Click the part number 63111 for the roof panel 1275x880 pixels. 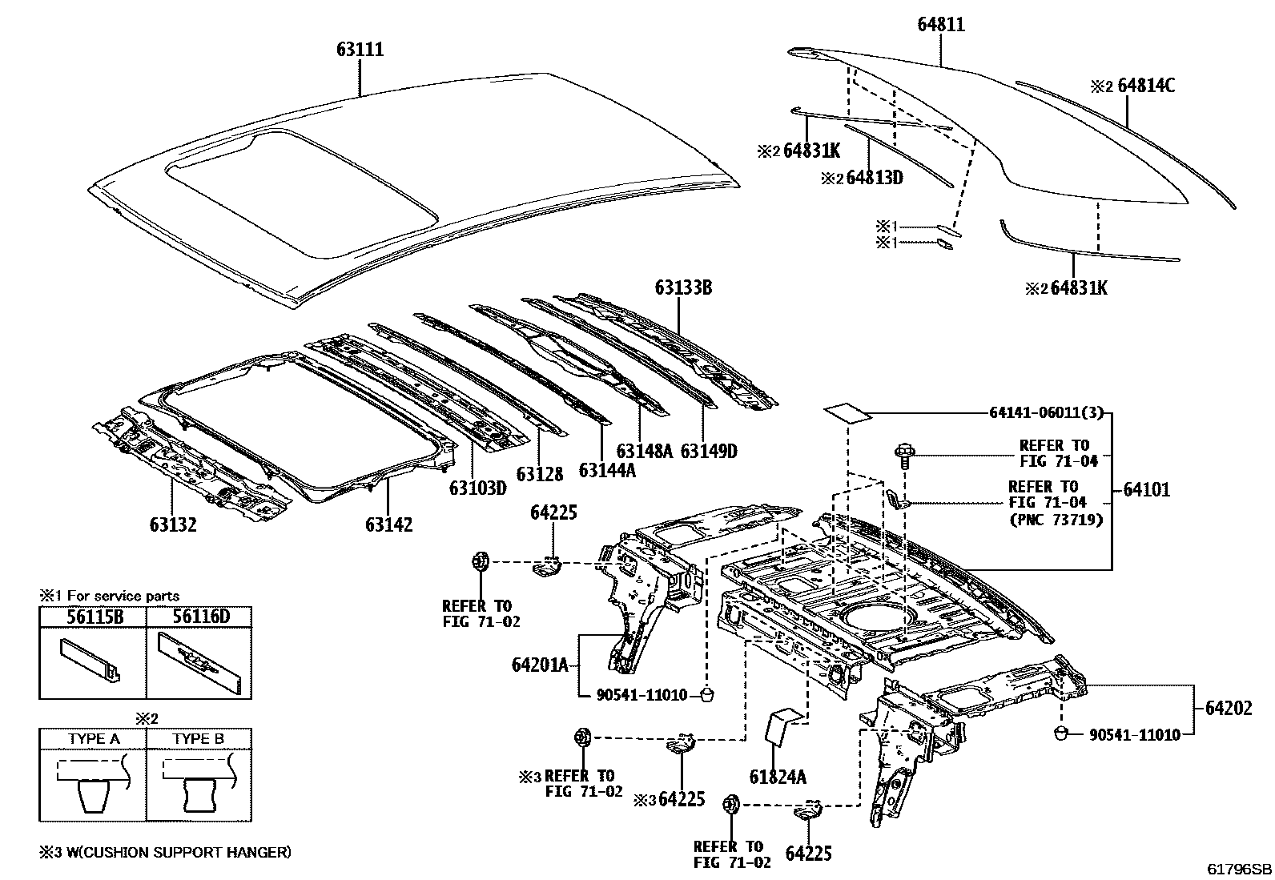pyautogui.click(x=360, y=50)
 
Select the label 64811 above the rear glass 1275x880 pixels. pyautogui.click(x=940, y=25)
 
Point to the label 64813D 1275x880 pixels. pyautogui.click(x=874, y=178)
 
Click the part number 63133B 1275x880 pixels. pyautogui.click(x=682, y=287)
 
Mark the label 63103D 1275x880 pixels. pyautogui.click(x=477, y=487)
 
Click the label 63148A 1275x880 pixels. pyautogui.click(x=645, y=451)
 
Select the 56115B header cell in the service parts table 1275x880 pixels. pyautogui.click(x=92, y=617)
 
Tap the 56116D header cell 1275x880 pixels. pyautogui.click(x=199, y=617)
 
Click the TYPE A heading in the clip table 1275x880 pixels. pyautogui.click(x=94, y=738)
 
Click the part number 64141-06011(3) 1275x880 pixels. pyautogui.click(x=1046, y=413)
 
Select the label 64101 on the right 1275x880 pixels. pyautogui.click(x=1145, y=489)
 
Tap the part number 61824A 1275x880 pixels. pyautogui.click(x=778, y=776)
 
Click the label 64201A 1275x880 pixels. pyautogui.click(x=540, y=665)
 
